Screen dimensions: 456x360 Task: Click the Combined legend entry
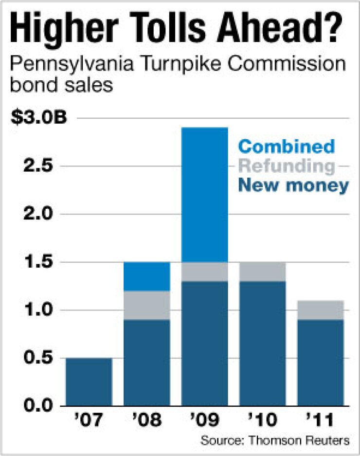(287, 146)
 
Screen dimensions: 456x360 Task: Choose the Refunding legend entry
(287, 165)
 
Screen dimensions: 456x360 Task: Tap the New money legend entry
(294, 185)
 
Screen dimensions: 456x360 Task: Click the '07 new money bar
(89, 382)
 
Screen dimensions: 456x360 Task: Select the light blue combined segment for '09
(204, 195)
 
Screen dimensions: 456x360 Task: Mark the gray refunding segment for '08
(146, 305)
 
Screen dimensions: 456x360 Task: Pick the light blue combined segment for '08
(146, 276)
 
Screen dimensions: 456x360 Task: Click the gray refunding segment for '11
(320, 310)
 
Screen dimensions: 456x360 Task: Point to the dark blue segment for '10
(262, 344)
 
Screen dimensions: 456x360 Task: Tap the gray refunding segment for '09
(204, 272)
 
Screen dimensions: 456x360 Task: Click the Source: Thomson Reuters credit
(274, 441)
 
